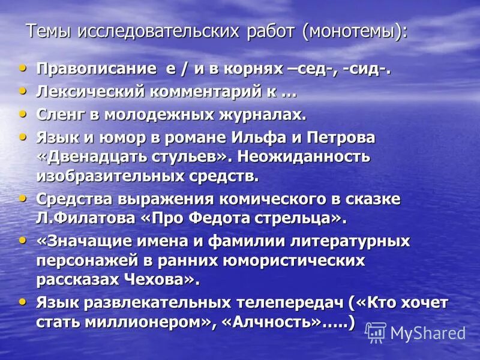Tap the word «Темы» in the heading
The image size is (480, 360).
46,30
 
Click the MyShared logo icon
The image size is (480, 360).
376,332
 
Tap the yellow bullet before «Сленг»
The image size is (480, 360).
23,114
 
